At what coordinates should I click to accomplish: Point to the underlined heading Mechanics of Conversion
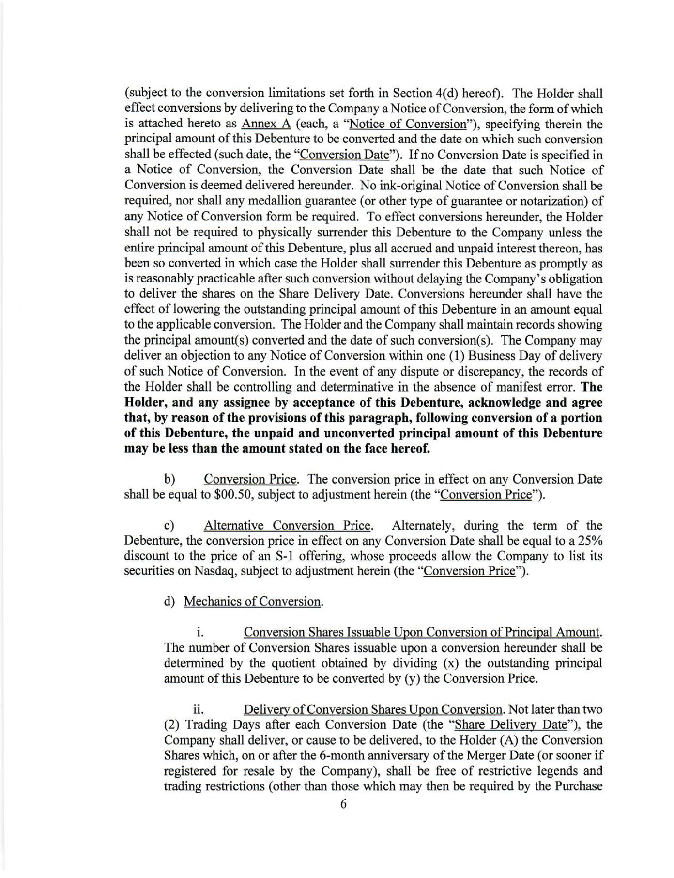point(252,602)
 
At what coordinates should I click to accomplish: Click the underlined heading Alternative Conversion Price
point(287,526)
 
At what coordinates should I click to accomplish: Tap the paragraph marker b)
point(169,480)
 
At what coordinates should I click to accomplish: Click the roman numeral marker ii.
point(198,710)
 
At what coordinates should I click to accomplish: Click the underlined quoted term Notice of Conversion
point(407,124)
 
